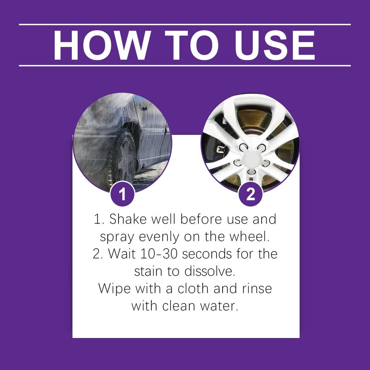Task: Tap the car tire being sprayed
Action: coord(123,159)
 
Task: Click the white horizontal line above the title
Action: coord(185,25)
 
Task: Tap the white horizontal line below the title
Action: coord(185,66)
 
